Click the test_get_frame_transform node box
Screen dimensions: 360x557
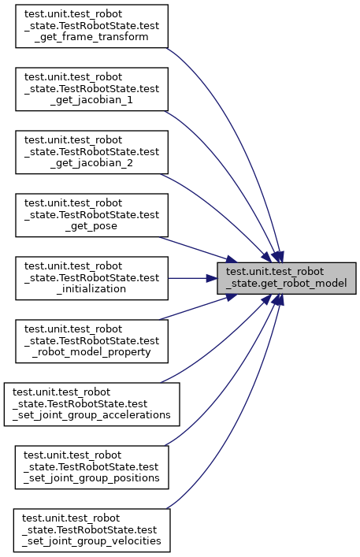pos(91,26)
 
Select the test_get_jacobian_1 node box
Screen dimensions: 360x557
pos(91,89)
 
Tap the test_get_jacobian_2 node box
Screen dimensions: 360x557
pos(91,152)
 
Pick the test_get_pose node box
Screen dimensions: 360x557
pos(91,215)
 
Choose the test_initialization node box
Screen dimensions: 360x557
pos(91,278)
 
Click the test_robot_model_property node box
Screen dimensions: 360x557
pos(91,341)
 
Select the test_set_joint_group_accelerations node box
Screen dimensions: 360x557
pos(92,404)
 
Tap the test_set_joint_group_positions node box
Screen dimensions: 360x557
pos(91,467)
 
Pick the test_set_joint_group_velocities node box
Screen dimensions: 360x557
pos(91,530)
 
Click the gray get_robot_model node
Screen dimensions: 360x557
pos(287,278)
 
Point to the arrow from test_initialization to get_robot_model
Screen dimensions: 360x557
pos(193,278)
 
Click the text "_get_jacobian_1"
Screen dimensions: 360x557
pos(91,100)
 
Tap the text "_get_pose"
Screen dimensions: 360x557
pos(91,226)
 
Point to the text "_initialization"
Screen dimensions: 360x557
pos(91,289)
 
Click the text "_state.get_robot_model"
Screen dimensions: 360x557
pos(286,284)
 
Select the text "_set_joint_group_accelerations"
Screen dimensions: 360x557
pos(91,415)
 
